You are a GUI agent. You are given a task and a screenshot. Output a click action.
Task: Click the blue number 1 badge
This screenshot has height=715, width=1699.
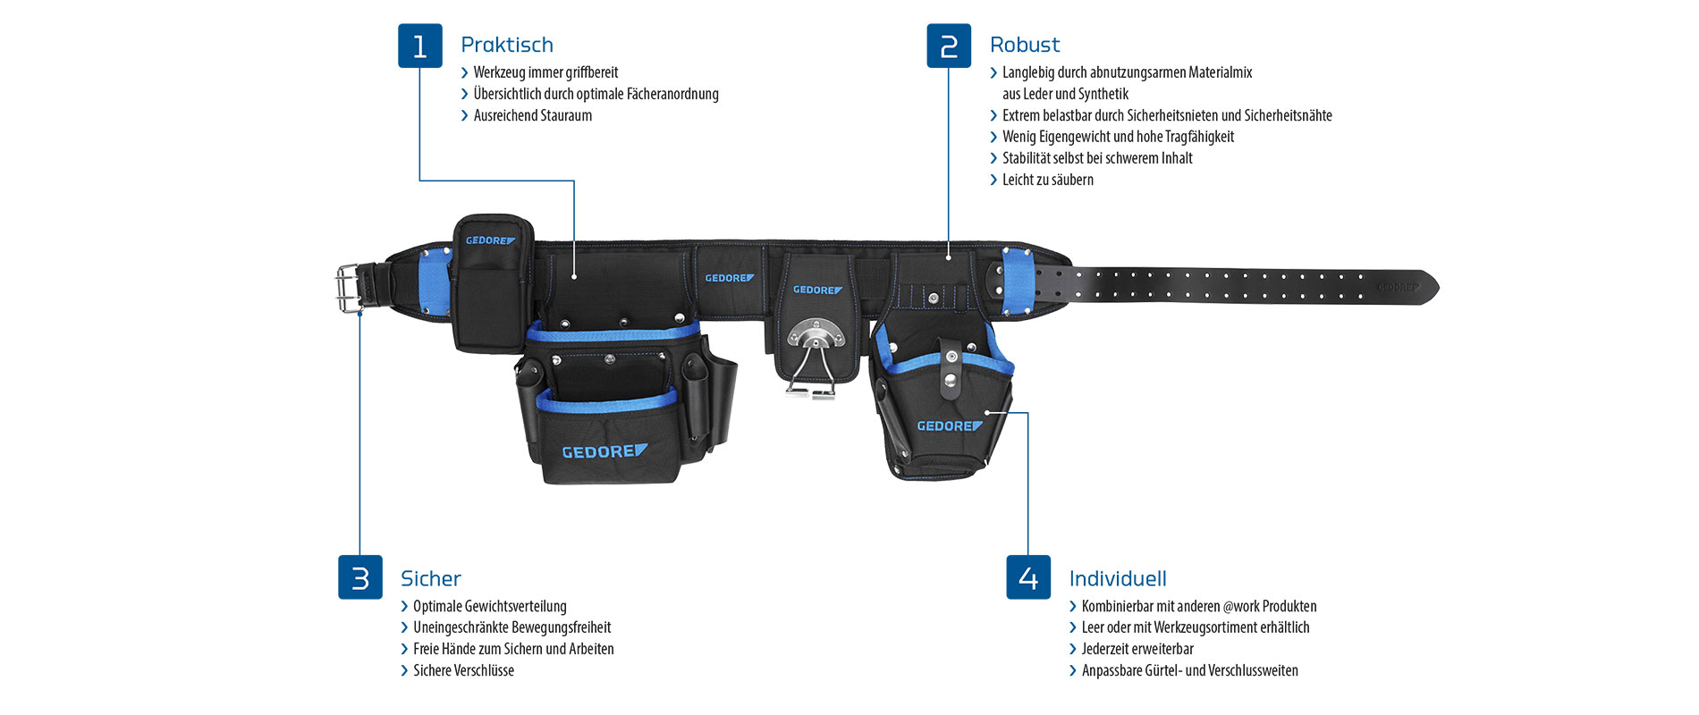click(x=419, y=46)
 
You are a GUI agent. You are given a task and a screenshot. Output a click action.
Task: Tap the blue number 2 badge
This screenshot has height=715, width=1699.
click(x=949, y=46)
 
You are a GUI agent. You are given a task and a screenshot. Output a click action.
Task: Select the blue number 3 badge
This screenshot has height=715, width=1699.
click(x=360, y=577)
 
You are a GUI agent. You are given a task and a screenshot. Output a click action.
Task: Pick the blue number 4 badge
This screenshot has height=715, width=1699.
click(x=1028, y=577)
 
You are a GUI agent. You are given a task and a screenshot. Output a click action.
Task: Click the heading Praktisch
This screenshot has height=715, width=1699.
click(x=507, y=45)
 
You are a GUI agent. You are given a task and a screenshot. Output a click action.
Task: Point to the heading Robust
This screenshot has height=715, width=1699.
click(x=1025, y=45)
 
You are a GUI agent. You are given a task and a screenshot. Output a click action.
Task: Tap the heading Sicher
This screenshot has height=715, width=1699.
click(x=431, y=578)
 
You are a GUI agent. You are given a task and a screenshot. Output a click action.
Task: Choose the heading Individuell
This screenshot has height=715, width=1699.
click(x=1118, y=578)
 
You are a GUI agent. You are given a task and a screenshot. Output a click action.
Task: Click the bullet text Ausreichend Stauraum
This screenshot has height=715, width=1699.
click(x=533, y=115)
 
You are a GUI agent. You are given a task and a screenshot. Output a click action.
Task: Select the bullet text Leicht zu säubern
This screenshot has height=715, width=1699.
click(x=1048, y=180)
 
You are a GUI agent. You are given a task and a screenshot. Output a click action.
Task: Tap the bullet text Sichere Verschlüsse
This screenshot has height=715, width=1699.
click(x=463, y=670)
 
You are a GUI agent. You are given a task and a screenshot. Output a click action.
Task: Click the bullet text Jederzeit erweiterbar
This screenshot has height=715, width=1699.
click(x=1137, y=649)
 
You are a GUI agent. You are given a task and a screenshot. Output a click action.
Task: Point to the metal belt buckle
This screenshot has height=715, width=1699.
click(x=348, y=288)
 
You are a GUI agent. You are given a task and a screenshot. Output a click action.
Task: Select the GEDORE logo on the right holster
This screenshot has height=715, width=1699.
click(x=950, y=426)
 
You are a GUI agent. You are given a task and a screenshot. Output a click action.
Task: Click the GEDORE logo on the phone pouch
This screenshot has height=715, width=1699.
click(x=490, y=240)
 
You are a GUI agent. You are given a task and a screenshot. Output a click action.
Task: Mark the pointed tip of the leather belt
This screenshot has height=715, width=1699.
click(x=1438, y=287)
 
